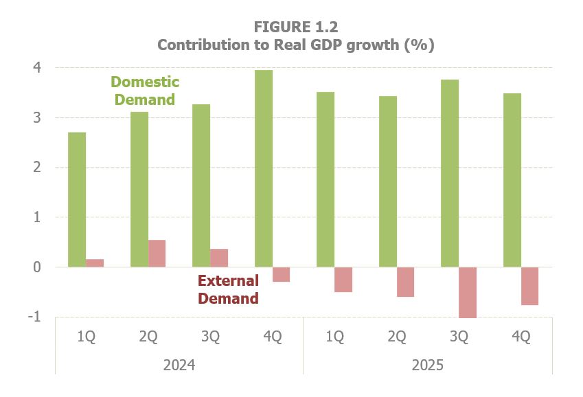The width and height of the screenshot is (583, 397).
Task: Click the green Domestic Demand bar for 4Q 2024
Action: pyautogui.click(x=264, y=169)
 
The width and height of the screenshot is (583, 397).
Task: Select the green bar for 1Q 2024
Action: pyautogui.click(x=77, y=200)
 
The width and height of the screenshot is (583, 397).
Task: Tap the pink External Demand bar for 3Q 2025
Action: pyautogui.click(x=468, y=292)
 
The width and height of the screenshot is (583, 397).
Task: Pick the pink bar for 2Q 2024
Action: pyautogui.click(x=157, y=254)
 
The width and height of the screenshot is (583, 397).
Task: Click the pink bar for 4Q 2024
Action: pyautogui.click(x=281, y=274)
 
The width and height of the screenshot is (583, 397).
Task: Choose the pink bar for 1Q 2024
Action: pyautogui.click(x=95, y=263)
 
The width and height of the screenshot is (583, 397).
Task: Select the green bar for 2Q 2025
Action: pyautogui.click(x=388, y=182)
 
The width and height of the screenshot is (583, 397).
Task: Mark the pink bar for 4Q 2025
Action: pyautogui.click(x=529, y=286)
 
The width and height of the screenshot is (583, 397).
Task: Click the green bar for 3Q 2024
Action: pyautogui.click(x=201, y=186)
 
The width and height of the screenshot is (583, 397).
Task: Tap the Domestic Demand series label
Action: pyautogui.click(x=146, y=91)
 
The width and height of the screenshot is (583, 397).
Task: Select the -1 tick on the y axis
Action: pyautogui.click(x=34, y=317)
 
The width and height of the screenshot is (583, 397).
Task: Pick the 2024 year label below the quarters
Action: pyautogui.click(x=179, y=365)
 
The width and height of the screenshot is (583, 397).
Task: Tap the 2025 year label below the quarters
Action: pyautogui.click(x=427, y=365)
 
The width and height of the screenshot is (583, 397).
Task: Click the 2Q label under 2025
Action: pyautogui.click(x=396, y=337)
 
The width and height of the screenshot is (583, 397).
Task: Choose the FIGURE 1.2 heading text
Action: pyautogui.click(x=296, y=27)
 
